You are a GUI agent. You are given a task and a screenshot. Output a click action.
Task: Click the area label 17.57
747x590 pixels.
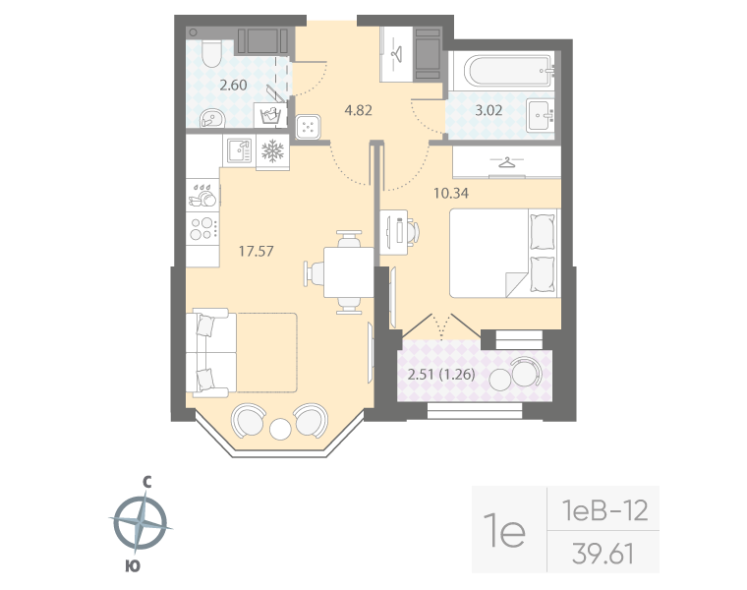pyautogui.click(x=257, y=251)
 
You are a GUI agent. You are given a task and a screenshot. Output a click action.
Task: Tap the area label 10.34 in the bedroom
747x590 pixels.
pyautogui.click(x=451, y=193)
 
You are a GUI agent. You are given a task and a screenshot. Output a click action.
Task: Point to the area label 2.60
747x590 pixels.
pyautogui.click(x=233, y=85)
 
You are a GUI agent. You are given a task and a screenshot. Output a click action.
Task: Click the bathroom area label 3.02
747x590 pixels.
pyautogui.click(x=488, y=109)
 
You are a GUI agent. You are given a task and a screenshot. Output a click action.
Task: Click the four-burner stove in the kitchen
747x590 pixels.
pyautogui.click(x=203, y=228)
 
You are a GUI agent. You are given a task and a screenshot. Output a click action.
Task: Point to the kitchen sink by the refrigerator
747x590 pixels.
pyautogui.click(x=238, y=150)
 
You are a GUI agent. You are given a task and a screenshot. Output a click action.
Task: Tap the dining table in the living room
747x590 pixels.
pyautogui.click(x=348, y=271)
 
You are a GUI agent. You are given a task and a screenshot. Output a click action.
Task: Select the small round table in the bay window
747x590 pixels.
pyautogui.click(x=280, y=428)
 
